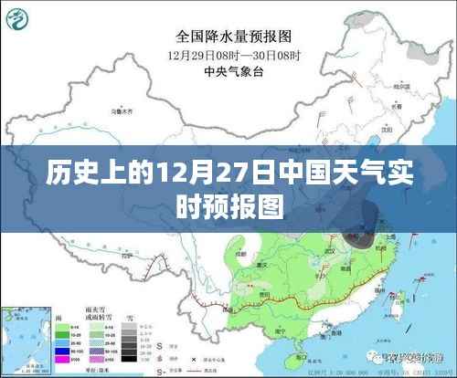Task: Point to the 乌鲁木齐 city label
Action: click(x=119, y=111)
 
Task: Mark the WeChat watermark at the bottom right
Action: click(x=411, y=360)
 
